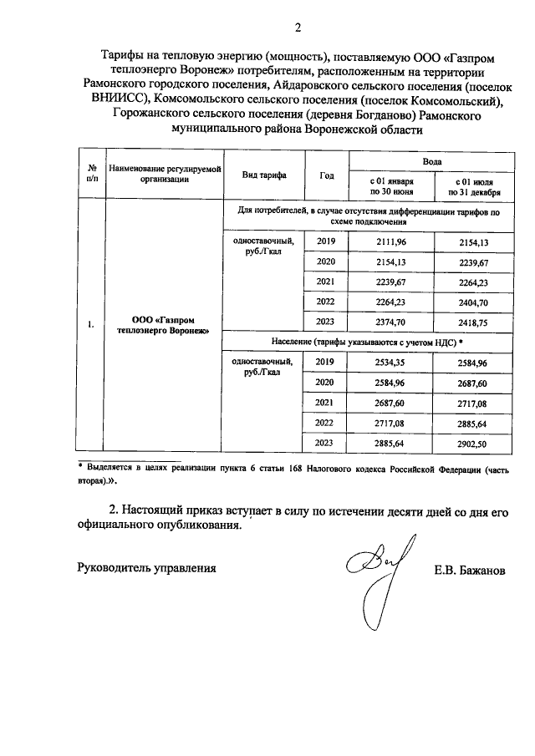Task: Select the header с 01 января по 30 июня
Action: coord(390,185)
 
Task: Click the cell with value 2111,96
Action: coord(390,241)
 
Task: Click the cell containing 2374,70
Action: coord(390,322)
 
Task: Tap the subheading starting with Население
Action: coord(367,342)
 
